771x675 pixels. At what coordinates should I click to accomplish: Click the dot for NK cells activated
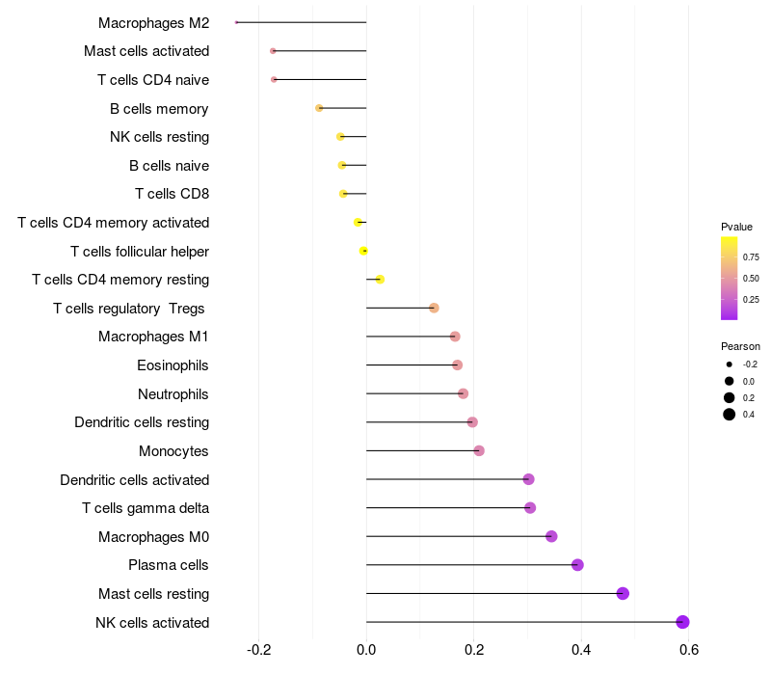(x=682, y=622)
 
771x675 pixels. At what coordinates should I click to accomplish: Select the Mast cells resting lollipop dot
(x=623, y=593)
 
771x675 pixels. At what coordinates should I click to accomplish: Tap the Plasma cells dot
(x=577, y=565)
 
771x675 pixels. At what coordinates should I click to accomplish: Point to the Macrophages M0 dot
(x=551, y=536)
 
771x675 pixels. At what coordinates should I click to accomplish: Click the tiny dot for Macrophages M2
(x=236, y=22)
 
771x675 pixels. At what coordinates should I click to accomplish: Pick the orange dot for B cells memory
(x=319, y=108)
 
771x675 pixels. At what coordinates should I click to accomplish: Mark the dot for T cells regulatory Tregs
(x=434, y=308)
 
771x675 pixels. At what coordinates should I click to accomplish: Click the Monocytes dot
(x=479, y=450)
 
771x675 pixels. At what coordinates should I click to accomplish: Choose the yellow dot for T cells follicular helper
(x=363, y=251)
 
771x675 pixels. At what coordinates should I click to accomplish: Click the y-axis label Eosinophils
(x=173, y=365)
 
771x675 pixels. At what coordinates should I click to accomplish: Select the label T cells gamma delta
(x=146, y=508)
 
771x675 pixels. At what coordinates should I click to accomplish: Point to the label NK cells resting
(x=159, y=137)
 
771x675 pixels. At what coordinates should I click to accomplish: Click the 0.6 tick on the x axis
(x=688, y=650)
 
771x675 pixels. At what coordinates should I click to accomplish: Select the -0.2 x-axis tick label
(x=258, y=650)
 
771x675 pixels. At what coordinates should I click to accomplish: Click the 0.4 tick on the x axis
(x=581, y=650)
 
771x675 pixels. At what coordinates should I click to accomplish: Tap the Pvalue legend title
(x=736, y=227)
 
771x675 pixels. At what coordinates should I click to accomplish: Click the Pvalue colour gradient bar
(x=729, y=278)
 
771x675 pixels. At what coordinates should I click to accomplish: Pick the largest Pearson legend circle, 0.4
(x=730, y=415)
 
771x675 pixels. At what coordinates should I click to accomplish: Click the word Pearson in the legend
(x=740, y=346)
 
